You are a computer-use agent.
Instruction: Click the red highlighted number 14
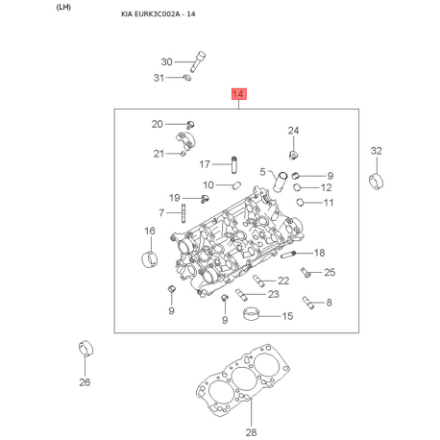pos(239,94)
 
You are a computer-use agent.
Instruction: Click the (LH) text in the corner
pos(63,7)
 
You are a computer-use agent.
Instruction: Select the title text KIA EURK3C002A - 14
pos(159,14)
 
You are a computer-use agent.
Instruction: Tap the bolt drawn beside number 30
pos(198,61)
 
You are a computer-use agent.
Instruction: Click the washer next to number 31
pos(186,77)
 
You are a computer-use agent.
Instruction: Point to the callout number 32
pos(377,151)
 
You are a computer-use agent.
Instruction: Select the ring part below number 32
pos(377,182)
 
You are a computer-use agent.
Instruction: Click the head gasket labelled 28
pos(242,380)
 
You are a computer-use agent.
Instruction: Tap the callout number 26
pos(85,381)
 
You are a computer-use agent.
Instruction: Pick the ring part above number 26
pos(86,348)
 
